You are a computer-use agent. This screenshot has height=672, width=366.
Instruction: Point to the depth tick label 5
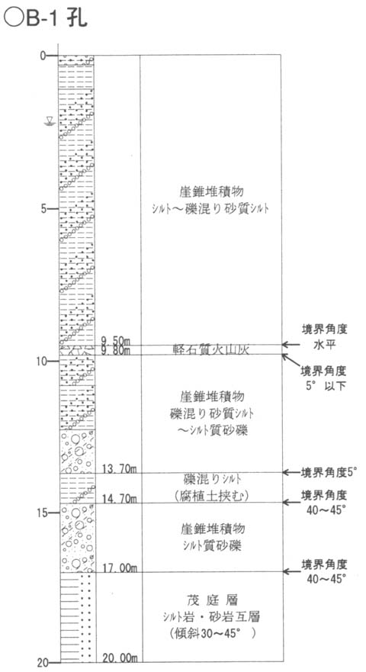point(43,209)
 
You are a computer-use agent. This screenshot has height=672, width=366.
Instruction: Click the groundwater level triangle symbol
point(50,121)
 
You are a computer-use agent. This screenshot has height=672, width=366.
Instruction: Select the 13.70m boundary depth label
point(118,469)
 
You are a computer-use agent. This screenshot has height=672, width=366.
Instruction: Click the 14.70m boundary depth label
point(118,499)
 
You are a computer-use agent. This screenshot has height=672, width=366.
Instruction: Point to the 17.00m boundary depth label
point(119,568)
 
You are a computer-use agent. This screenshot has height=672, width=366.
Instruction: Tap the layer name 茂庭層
point(212,599)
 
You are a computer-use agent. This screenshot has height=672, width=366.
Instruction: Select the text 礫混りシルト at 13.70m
point(212,478)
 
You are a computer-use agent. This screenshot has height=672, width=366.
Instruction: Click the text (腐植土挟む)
point(212,496)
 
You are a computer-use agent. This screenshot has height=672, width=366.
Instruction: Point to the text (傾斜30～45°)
point(213,633)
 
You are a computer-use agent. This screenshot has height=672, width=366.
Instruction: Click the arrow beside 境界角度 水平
point(291,344)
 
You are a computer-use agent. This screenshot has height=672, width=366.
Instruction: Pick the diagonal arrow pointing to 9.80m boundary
point(291,359)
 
